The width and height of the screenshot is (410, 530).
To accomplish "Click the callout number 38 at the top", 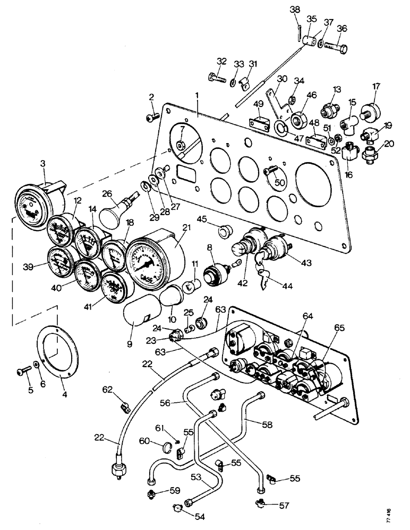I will (x=294, y=9).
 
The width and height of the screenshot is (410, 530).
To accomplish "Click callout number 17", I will (x=376, y=87).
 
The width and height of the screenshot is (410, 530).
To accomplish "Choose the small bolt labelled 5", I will (x=22, y=372).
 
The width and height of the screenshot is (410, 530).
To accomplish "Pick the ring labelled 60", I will (x=166, y=448).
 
